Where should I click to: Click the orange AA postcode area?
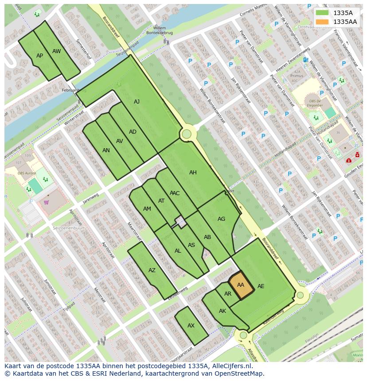click(x=241, y=285)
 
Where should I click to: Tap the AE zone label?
click(x=261, y=286)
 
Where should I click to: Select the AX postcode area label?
click(x=191, y=326)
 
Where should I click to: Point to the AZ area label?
click(x=152, y=270)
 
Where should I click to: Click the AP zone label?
click(x=40, y=56)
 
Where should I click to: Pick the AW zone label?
click(x=57, y=51)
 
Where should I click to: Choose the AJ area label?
click(x=137, y=102)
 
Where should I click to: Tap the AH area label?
click(x=193, y=173)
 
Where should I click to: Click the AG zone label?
click(x=221, y=219)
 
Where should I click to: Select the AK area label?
click(x=223, y=311)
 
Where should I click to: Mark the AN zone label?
click(x=106, y=150)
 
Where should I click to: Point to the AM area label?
click(x=147, y=209)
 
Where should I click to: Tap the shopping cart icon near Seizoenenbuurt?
click(x=46, y=202)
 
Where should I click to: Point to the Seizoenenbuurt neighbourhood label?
click(x=68, y=227)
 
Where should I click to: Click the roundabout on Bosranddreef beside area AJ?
click(x=187, y=134)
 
